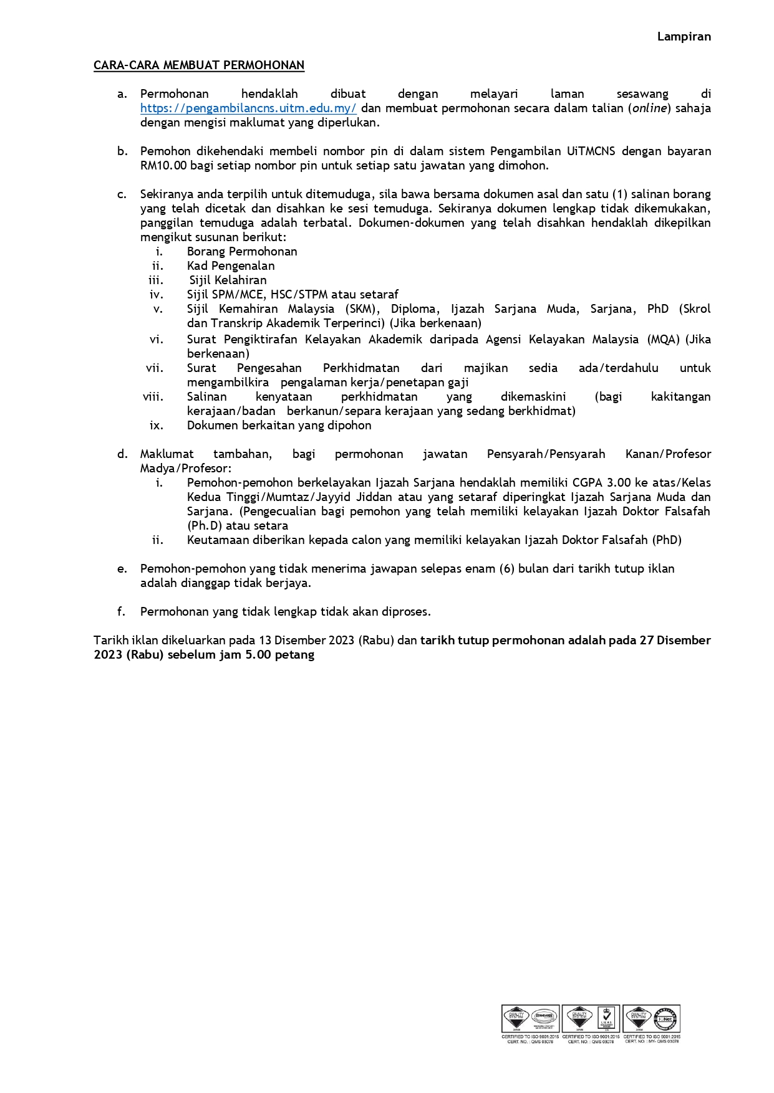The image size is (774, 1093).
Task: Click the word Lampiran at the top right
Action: (x=684, y=37)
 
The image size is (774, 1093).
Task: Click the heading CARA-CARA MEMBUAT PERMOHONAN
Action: (x=199, y=65)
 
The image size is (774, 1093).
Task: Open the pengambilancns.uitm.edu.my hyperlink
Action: (x=248, y=108)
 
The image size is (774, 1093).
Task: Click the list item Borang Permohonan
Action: (x=242, y=252)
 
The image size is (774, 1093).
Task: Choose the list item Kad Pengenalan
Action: (x=231, y=266)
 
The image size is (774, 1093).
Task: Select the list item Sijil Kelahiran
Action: (x=228, y=280)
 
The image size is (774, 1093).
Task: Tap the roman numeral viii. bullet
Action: (x=153, y=397)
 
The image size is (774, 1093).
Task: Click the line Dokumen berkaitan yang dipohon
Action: (x=279, y=426)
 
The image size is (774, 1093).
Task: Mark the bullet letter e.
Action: (x=122, y=569)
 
